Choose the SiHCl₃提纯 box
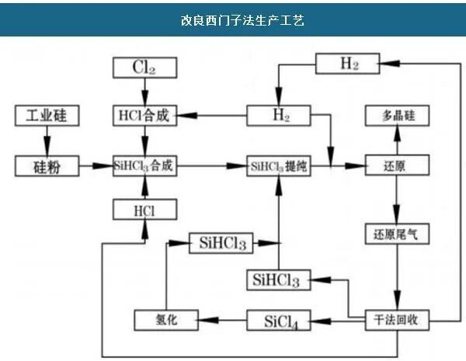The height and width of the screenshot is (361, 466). pyautogui.click(x=280, y=165)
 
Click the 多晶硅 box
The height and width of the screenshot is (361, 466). pyautogui.click(x=397, y=116)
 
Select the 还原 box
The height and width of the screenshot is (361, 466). pyautogui.click(x=397, y=165)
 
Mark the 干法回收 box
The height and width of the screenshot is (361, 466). pyautogui.click(x=397, y=319)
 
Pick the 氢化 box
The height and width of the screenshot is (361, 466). pyautogui.click(x=167, y=319)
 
